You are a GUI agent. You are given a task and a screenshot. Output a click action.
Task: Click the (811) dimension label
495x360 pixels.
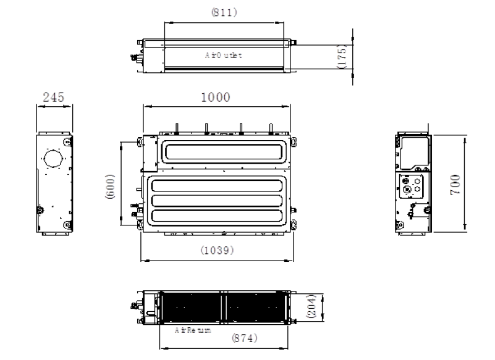pyautogui.click(x=224, y=12)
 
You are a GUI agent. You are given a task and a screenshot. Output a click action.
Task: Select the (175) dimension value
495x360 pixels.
pyautogui.click(x=342, y=56)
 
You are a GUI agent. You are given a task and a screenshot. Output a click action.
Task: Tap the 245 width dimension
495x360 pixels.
pyautogui.click(x=53, y=97)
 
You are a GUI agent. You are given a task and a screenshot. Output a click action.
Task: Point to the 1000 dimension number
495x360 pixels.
pyautogui.click(x=216, y=97)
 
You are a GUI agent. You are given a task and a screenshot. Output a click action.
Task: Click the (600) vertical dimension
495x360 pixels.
pyautogui.click(x=109, y=186)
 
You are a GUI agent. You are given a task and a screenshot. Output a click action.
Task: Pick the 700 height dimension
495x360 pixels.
pyautogui.click(x=455, y=185)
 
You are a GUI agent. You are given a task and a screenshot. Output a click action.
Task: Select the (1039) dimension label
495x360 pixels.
pyautogui.click(x=217, y=250)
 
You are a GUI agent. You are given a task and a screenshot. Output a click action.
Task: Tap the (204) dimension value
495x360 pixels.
pyautogui.click(x=311, y=306)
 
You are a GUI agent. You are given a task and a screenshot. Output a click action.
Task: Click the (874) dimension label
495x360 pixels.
pyautogui.click(x=245, y=338)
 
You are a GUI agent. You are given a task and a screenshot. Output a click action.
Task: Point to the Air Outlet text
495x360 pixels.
pyautogui.click(x=224, y=55)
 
